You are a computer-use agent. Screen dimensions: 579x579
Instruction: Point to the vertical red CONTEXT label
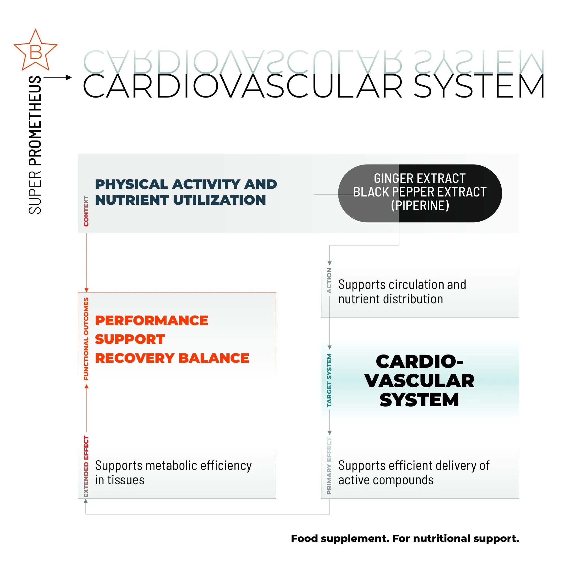click(86, 211)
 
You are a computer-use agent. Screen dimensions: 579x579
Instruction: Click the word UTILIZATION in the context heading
click(219, 200)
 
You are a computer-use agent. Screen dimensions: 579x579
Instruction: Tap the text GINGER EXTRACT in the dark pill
click(420, 179)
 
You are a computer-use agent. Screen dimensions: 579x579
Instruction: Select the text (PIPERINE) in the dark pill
click(420, 206)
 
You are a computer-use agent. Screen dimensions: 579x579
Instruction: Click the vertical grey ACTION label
click(329, 280)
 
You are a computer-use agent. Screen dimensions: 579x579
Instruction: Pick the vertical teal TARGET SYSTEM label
click(329, 380)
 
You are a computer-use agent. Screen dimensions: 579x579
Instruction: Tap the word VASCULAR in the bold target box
click(419, 381)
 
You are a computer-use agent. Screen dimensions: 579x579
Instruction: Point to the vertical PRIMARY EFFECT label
click(329, 466)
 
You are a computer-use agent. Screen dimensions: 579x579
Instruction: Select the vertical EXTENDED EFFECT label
click(86, 466)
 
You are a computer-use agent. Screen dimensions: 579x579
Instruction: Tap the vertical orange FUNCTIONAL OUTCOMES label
click(86, 339)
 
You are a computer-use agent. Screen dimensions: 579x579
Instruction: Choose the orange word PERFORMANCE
click(151, 320)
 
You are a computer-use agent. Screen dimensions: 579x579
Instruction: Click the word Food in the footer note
click(304, 539)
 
